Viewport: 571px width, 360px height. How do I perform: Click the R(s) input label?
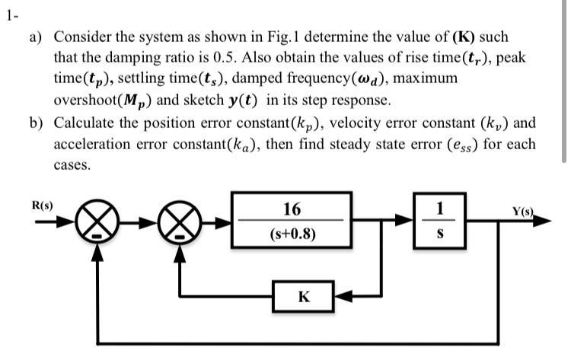tap(41, 205)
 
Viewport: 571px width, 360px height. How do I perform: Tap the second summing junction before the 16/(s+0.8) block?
tap(180, 224)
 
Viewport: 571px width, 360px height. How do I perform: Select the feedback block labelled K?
tap(303, 296)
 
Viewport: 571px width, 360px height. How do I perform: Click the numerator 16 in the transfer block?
tap(292, 209)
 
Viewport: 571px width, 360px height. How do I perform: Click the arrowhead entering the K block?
tap(340, 296)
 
